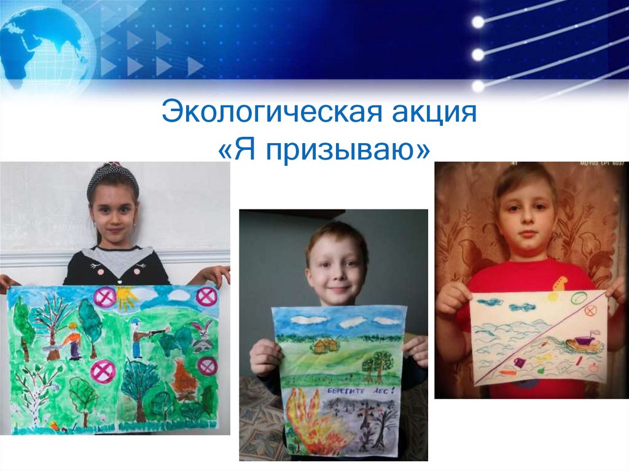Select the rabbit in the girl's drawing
(x=202, y=335)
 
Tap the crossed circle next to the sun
(x=105, y=297)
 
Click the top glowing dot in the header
(x=478, y=22)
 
